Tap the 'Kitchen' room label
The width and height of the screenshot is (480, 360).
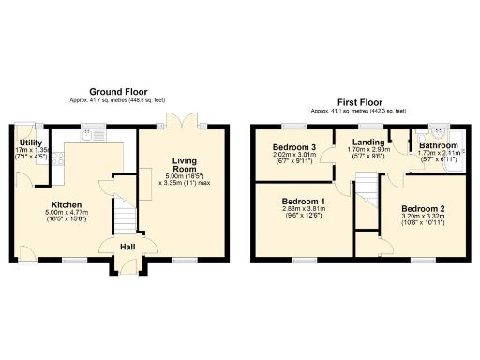67,204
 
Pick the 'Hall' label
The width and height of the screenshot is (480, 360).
124,246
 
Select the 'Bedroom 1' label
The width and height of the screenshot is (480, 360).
304,202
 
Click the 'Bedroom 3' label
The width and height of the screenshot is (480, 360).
294,147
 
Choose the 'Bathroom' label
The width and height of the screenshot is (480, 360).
439,146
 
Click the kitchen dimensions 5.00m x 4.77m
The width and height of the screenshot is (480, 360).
67,214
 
